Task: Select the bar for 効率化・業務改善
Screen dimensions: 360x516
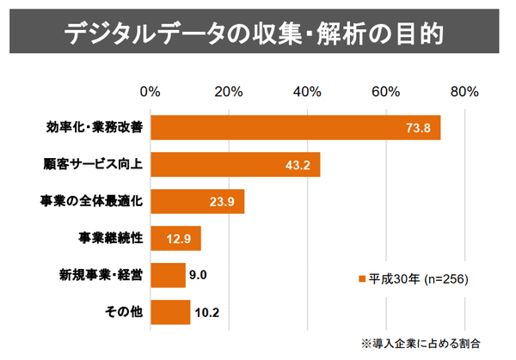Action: (x=295, y=127)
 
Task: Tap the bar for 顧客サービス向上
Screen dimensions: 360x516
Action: (x=235, y=164)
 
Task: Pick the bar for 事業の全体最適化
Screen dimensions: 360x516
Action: (x=197, y=201)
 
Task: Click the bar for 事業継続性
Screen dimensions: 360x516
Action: (x=175, y=238)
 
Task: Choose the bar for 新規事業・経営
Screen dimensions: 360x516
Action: (x=168, y=275)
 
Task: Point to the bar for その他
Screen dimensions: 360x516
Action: (x=170, y=312)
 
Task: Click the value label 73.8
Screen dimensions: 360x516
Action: (x=418, y=128)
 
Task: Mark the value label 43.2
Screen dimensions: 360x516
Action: (x=298, y=165)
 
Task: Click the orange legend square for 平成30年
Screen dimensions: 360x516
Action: (x=362, y=278)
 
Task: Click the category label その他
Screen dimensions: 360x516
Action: (x=126, y=312)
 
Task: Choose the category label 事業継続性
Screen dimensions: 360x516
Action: (x=110, y=238)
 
